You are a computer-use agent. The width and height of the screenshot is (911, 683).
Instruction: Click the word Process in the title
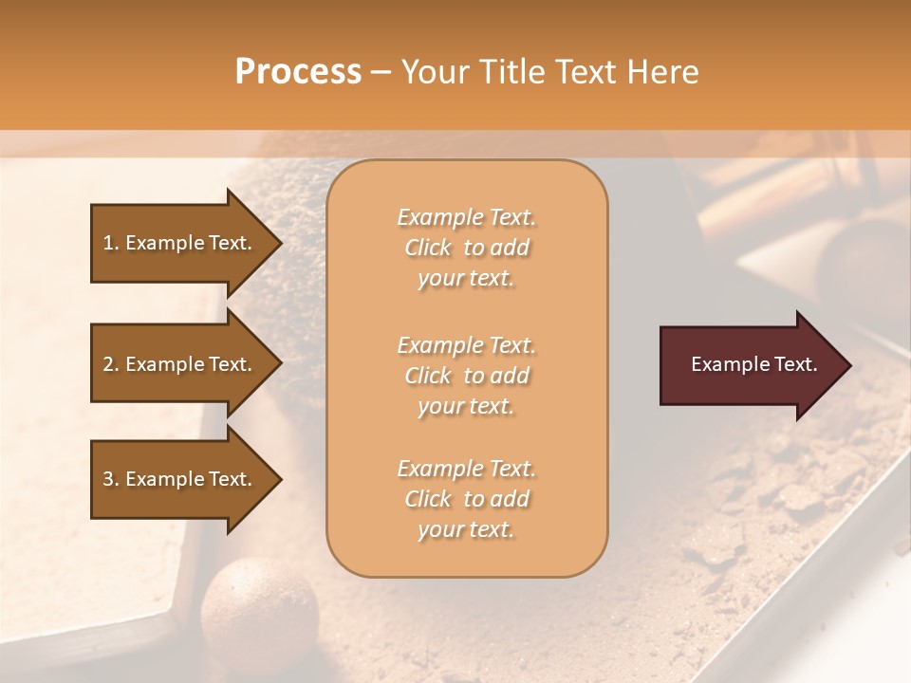298,72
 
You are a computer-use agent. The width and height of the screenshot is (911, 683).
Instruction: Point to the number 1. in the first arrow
110,243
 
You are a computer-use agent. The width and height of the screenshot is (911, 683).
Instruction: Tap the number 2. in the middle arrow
110,364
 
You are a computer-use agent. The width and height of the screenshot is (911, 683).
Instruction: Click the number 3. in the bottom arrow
110,479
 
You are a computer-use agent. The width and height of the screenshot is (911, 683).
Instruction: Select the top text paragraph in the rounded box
466,248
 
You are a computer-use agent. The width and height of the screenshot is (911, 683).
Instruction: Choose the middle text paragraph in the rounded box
466,376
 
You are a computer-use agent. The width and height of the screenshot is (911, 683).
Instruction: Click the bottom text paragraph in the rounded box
466,499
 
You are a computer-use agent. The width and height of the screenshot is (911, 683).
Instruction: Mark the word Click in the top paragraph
428,248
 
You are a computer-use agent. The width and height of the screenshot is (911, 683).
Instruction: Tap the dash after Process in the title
381,73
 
